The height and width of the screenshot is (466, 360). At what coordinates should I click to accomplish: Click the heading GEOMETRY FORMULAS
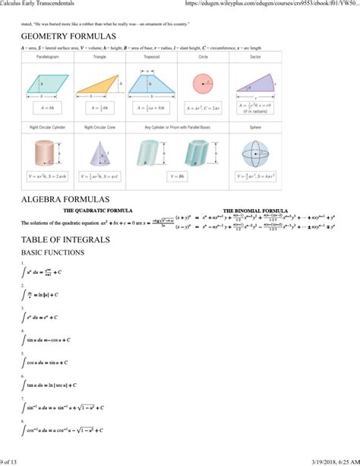click(68, 37)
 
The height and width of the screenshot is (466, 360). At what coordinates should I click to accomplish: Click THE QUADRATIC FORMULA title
click(98, 211)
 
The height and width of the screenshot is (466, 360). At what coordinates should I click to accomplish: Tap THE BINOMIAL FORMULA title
click(254, 211)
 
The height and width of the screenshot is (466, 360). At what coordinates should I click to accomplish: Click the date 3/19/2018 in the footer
click(317, 461)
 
